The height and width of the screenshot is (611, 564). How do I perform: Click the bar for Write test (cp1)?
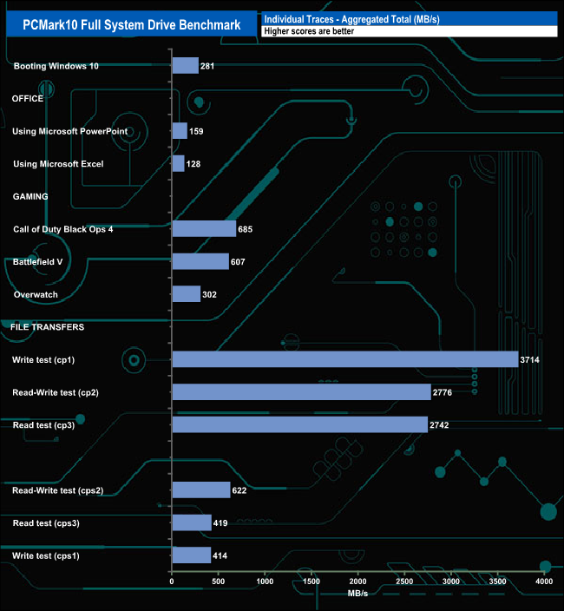click(345, 359)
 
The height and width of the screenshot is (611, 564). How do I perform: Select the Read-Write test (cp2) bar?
click(301, 391)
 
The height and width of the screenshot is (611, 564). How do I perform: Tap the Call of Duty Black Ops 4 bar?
click(204, 229)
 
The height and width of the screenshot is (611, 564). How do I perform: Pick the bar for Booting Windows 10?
click(186, 66)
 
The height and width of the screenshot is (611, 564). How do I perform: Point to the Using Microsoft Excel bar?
click(178, 164)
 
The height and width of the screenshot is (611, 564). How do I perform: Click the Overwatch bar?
click(187, 294)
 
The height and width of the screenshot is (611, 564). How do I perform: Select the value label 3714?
click(530, 359)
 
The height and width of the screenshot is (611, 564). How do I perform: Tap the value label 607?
click(240, 261)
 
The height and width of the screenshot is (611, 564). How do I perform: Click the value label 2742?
click(440, 424)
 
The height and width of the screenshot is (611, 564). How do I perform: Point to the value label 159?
click(196, 132)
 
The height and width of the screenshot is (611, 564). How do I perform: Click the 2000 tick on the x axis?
click(358, 581)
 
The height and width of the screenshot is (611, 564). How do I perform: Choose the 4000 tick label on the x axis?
click(544, 581)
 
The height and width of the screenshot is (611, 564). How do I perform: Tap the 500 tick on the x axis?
click(219, 581)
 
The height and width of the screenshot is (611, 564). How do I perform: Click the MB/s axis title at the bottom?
click(357, 594)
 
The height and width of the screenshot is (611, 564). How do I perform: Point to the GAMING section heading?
click(30, 196)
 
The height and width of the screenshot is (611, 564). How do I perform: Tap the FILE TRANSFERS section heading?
click(47, 327)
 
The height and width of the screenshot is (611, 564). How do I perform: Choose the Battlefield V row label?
click(38, 261)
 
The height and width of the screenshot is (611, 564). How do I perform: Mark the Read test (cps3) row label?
click(46, 522)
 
